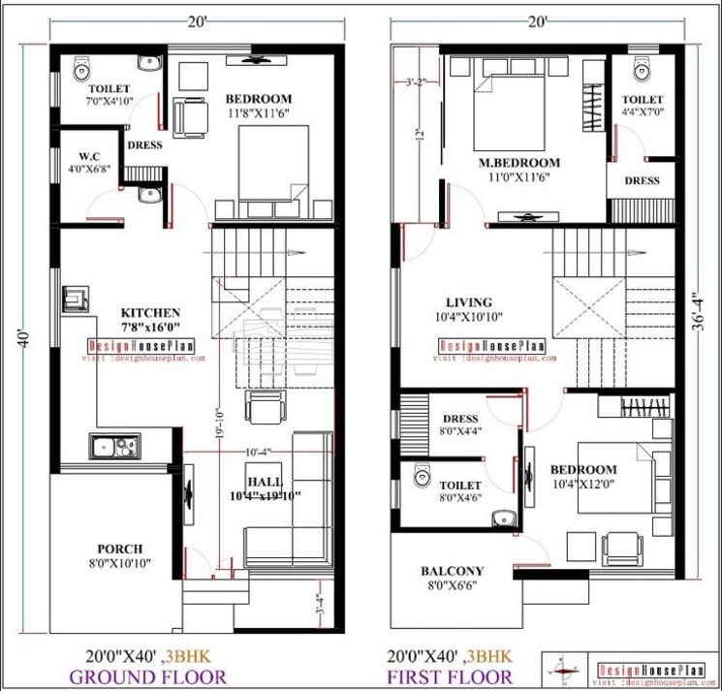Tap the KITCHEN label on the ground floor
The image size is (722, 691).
[x=150, y=312]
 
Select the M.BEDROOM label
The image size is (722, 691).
[x=519, y=162]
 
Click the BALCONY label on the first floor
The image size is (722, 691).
[x=452, y=571]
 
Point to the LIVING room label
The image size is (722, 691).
[x=468, y=302]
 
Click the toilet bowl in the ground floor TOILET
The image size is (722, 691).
[x=82, y=67]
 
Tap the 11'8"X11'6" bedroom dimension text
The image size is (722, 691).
[x=259, y=113]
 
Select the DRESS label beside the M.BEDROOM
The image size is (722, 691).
[x=642, y=180]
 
